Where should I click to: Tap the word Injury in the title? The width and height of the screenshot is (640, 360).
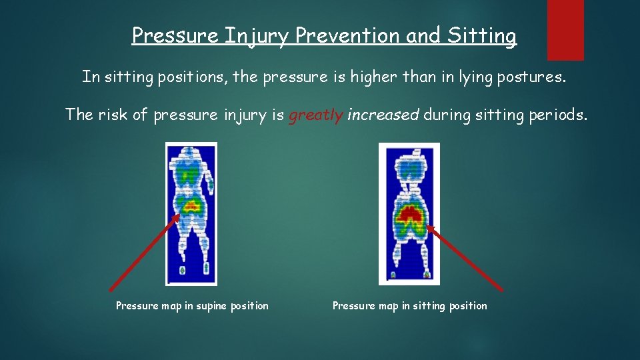(x=257, y=36)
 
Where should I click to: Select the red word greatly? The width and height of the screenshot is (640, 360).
(x=315, y=115)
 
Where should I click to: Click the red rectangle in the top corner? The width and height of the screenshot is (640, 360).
(x=565, y=29)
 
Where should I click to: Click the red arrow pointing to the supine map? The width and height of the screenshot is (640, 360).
(x=144, y=252)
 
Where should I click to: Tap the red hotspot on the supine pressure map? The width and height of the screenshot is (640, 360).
(x=191, y=205)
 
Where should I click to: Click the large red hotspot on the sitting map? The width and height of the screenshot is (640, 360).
(x=409, y=215)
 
